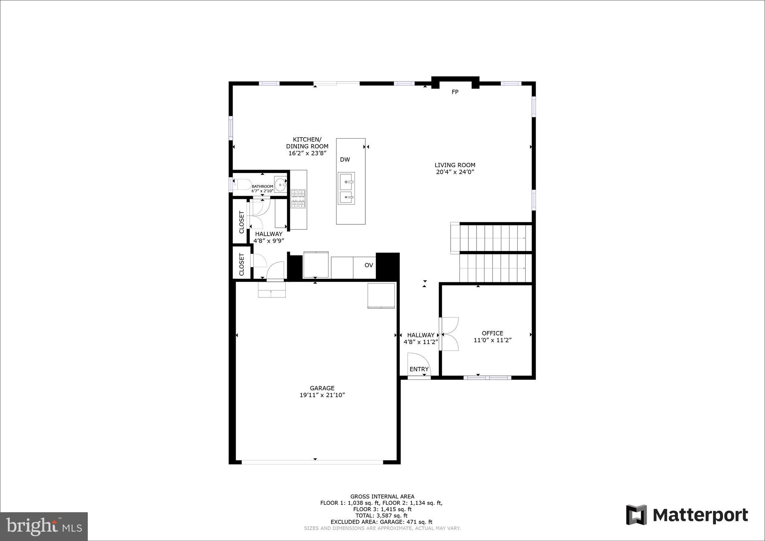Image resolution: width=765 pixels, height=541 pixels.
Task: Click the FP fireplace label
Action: pos(455,92)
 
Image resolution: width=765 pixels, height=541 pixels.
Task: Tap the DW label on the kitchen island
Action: pos(345,160)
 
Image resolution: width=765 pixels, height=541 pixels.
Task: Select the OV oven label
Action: pos(369,265)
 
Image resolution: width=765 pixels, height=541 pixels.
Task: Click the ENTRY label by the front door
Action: pos(419,369)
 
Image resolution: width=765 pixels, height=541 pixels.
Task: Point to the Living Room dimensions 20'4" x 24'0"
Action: pos(455,172)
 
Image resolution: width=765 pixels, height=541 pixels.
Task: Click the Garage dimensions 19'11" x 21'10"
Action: pos(322,395)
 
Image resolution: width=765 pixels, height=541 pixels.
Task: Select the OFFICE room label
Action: pos(492,333)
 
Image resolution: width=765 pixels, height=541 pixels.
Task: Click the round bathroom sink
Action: pos(280,184)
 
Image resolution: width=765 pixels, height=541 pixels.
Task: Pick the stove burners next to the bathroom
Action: pos(298,199)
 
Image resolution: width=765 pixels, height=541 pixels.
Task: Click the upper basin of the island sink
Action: pos(346,182)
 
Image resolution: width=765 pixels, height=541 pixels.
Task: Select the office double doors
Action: pos(449,334)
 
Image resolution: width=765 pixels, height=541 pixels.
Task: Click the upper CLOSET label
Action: pos(241,222)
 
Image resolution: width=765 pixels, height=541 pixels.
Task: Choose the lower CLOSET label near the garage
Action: pos(241,265)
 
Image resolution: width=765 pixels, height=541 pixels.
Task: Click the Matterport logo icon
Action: pos(637,515)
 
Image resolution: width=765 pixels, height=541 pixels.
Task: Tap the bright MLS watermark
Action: pos(44,526)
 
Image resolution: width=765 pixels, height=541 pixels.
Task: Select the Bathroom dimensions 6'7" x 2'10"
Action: pos(262,191)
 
